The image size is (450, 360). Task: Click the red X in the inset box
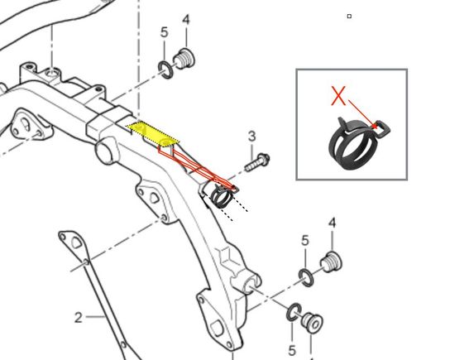pos(338,96)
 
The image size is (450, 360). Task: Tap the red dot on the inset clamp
pos(375,126)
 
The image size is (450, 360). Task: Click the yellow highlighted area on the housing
pos(153,133)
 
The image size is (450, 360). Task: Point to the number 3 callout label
pos(251,137)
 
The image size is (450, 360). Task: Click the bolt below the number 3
pos(257,162)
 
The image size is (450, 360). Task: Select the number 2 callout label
pos(78,318)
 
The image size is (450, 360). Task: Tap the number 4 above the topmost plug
pos(186,20)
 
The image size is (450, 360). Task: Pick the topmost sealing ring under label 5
pos(166,70)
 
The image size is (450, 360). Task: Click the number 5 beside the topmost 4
pos(164,32)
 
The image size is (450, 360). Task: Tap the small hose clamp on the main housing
pos(220,196)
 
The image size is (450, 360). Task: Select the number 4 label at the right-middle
pos(332,223)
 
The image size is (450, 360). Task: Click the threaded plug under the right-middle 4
pos(331,262)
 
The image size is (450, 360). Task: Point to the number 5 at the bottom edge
pos(291,351)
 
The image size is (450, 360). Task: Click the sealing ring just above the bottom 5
pos(294,312)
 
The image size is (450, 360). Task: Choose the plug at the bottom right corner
pos(312,323)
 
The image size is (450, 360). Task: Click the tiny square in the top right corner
pos(349,17)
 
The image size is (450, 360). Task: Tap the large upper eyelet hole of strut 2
pos(76,242)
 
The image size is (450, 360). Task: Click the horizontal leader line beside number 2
pos(96,317)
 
